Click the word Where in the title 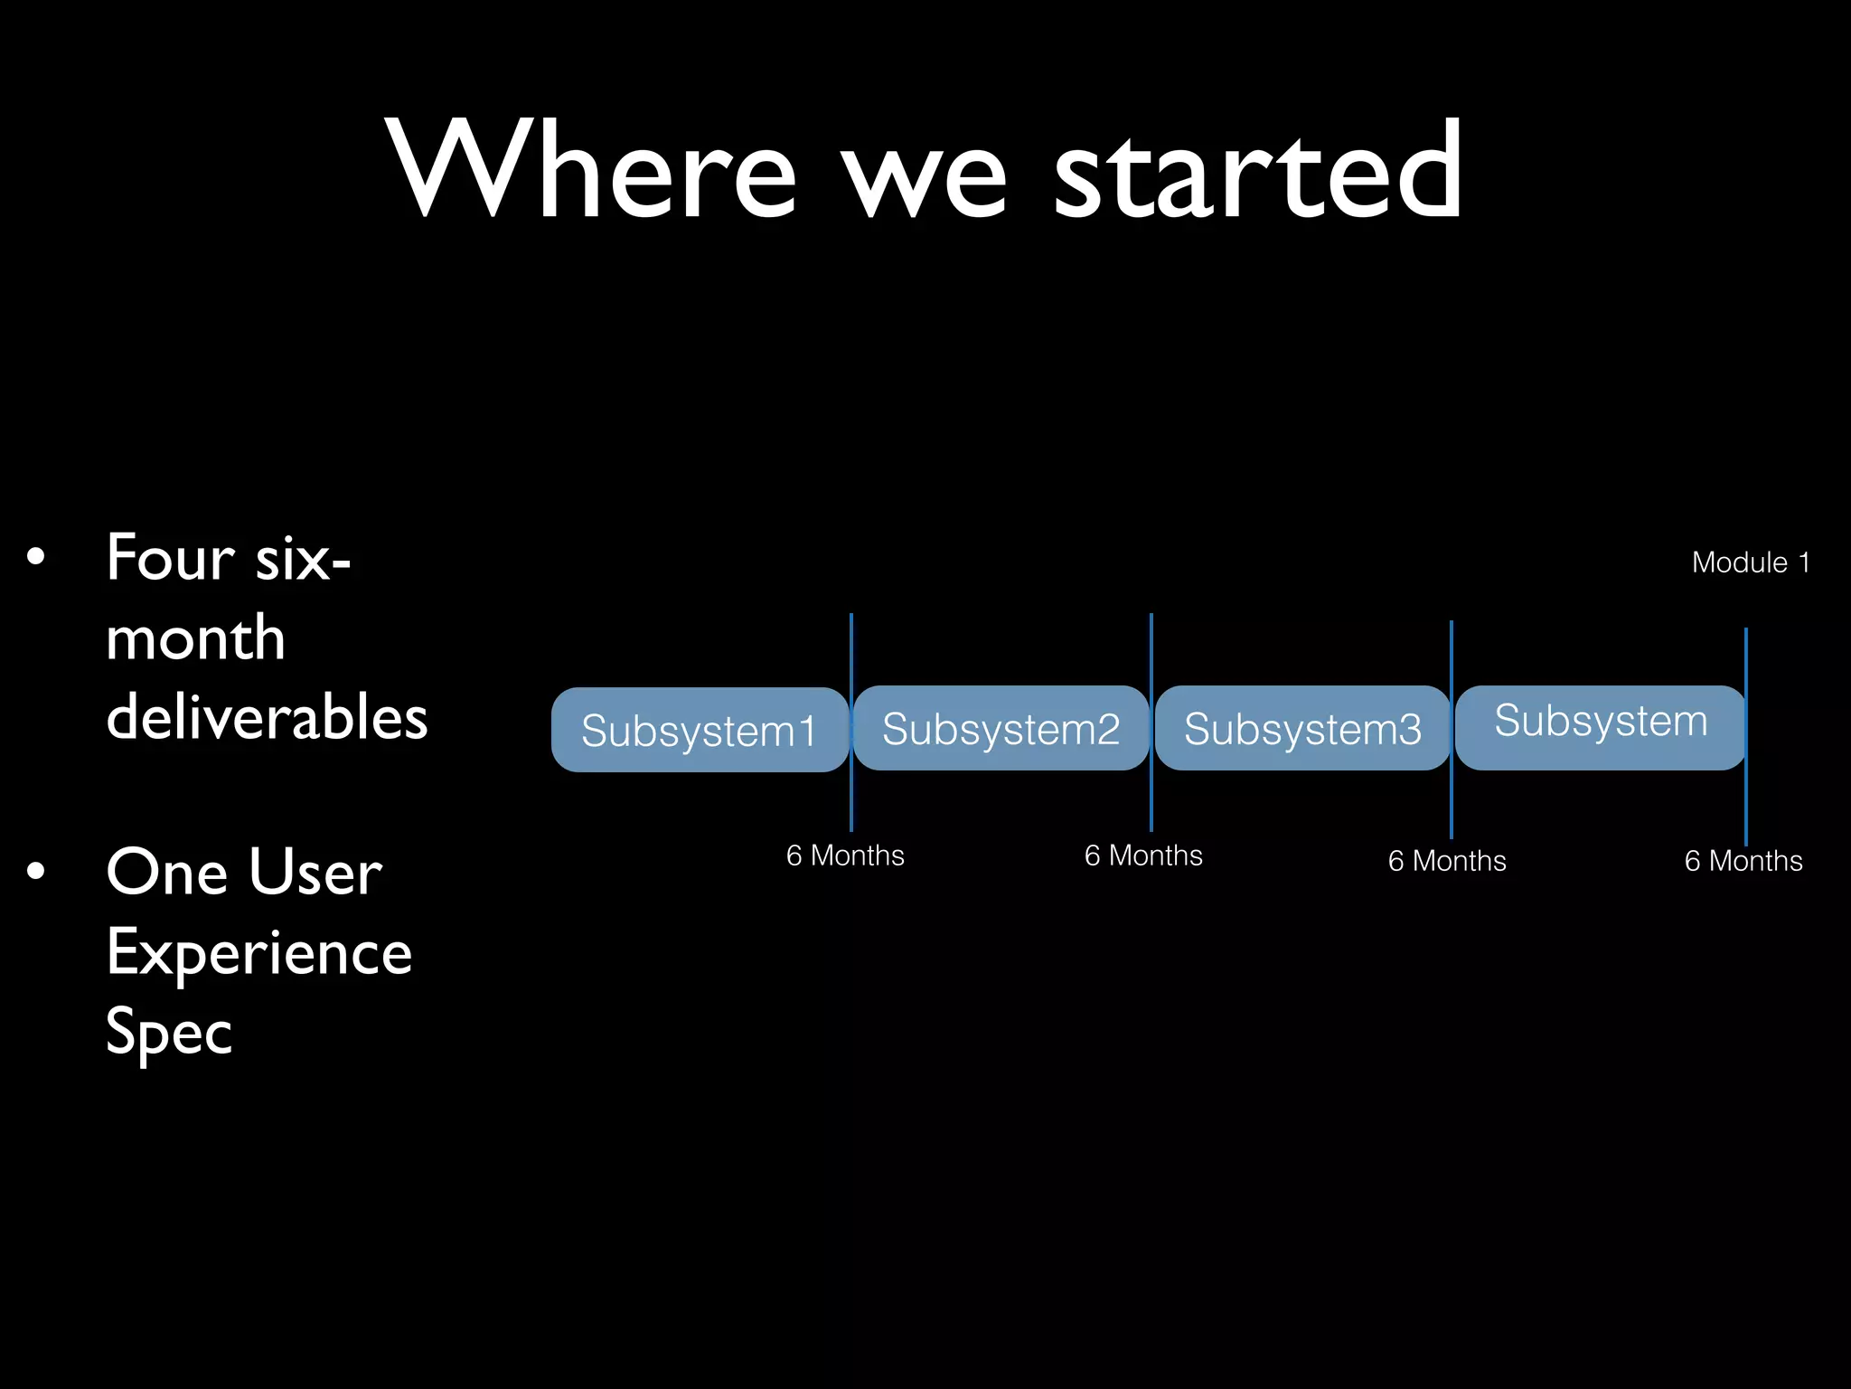click(x=592, y=170)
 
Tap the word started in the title click(x=1258, y=170)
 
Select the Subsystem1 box click(x=700, y=730)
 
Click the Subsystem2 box click(x=1001, y=728)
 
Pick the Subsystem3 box click(x=1302, y=728)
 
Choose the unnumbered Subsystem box click(x=1600, y=726)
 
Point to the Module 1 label click(x=1751, y=562)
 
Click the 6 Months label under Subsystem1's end click(x=845, y=855)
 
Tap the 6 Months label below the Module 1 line click(x=1743, y=861)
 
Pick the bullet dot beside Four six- click(x=35, y=557)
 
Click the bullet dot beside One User click(x=35, y=872)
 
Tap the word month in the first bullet click(x=195, y=638)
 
